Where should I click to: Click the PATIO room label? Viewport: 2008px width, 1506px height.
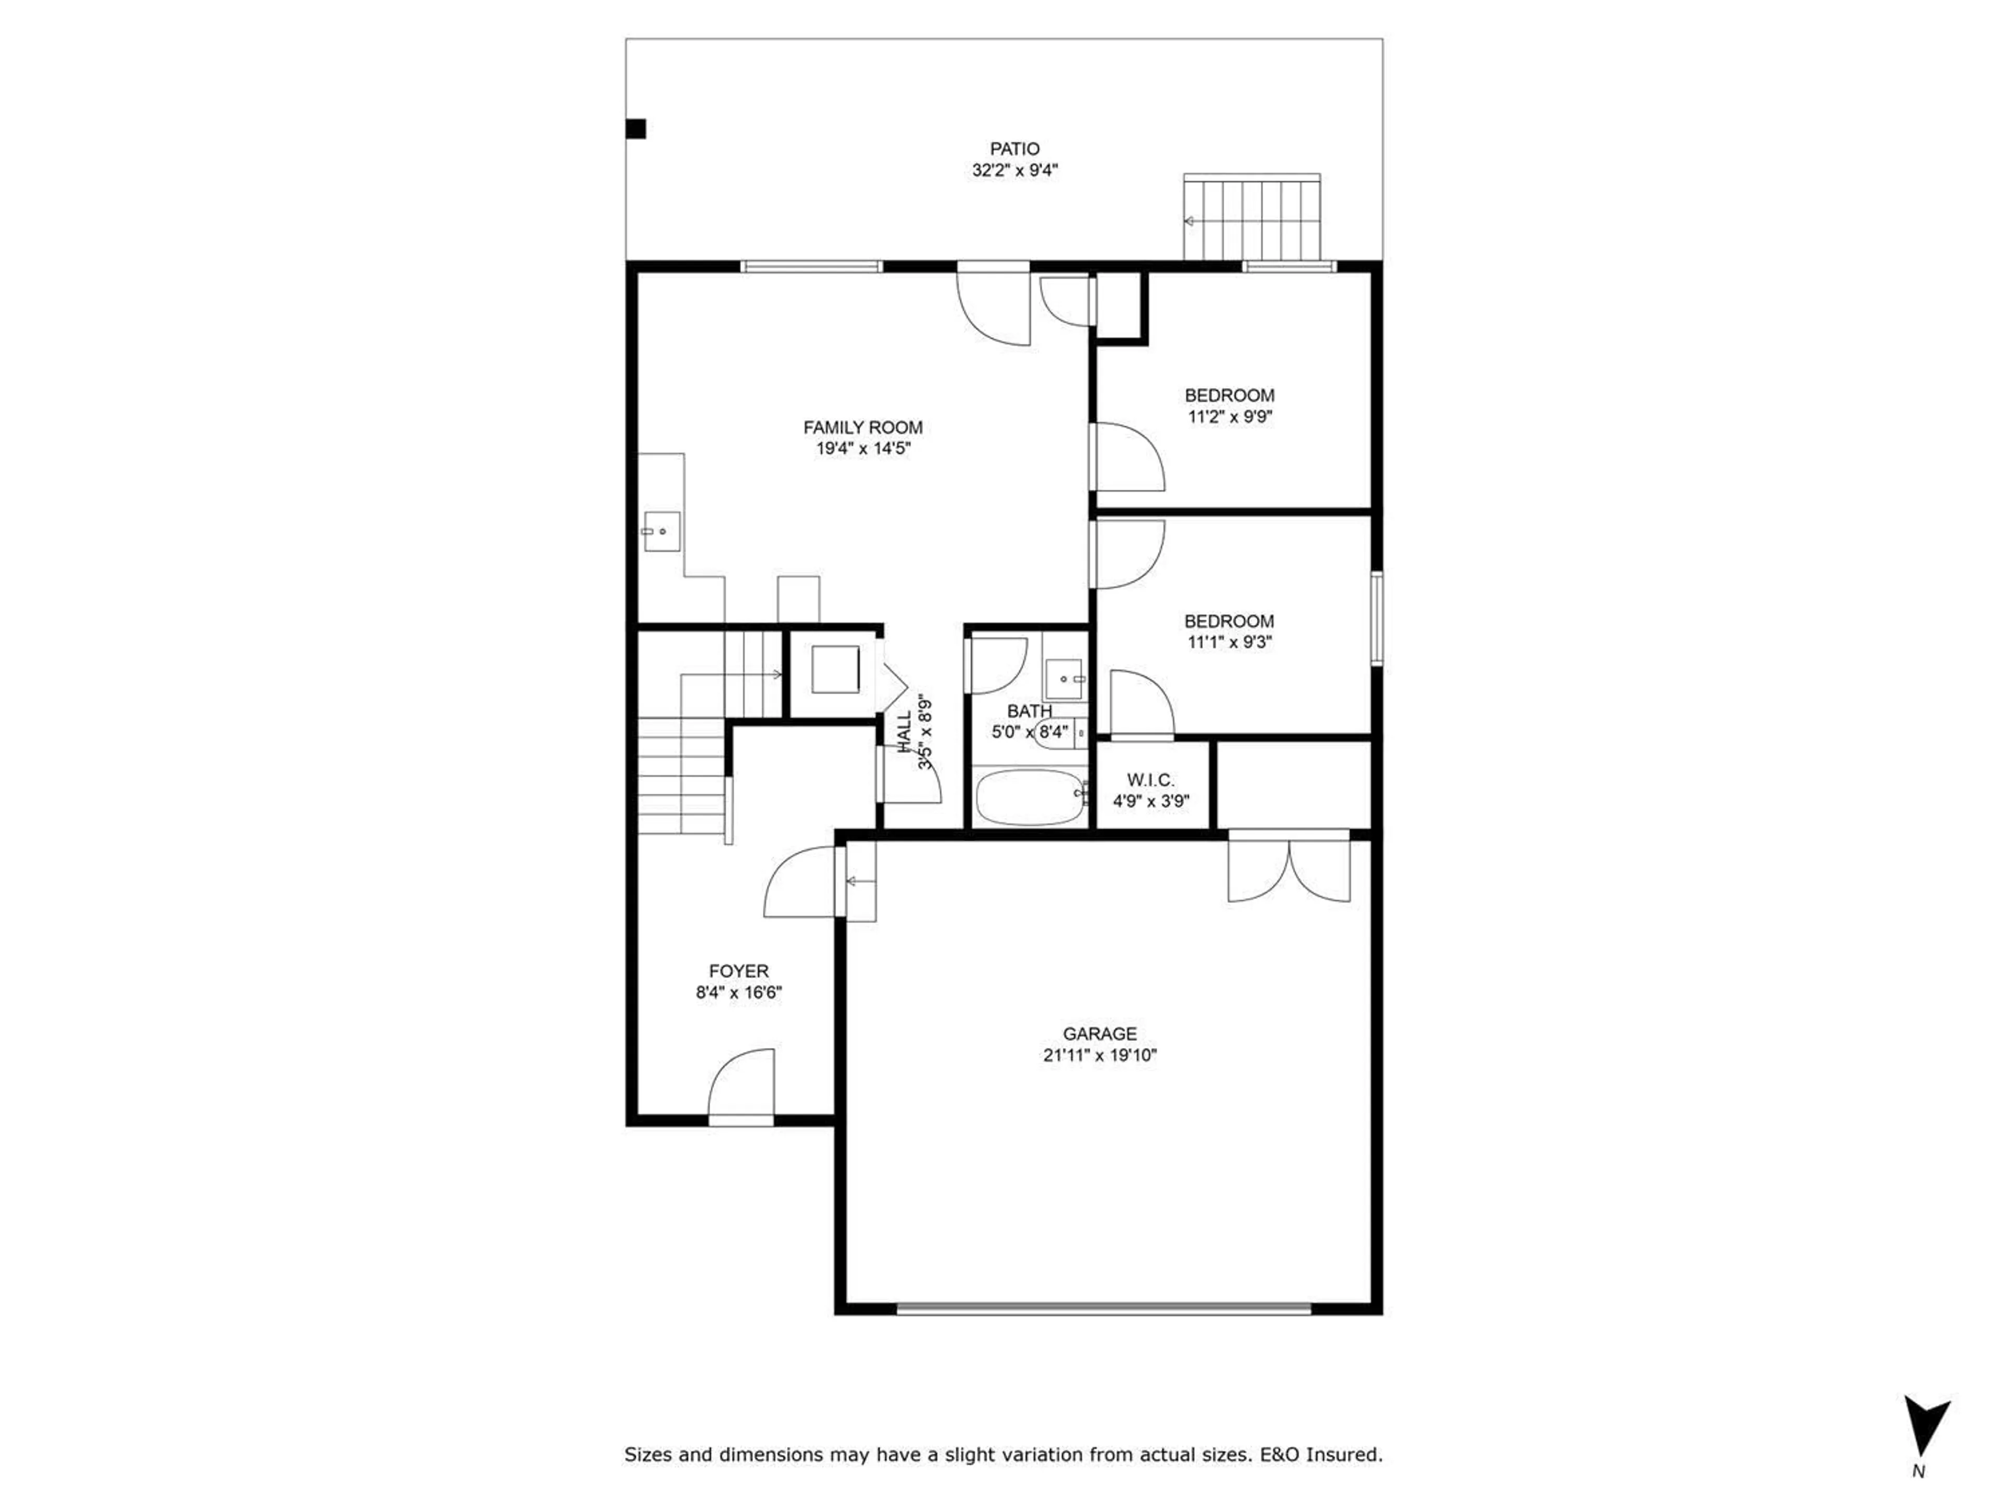[1014, 148]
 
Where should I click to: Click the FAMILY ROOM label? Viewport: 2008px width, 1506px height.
[862, 427]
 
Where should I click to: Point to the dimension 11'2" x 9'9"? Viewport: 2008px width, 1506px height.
[1229, 417]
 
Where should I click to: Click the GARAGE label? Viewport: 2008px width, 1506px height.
[1099, 1033]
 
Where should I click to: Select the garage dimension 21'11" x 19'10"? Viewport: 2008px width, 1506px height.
[1099, 1055]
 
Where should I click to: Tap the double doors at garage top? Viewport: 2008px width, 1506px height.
[1288, 869]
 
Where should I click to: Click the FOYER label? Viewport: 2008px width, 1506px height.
[738, 971]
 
